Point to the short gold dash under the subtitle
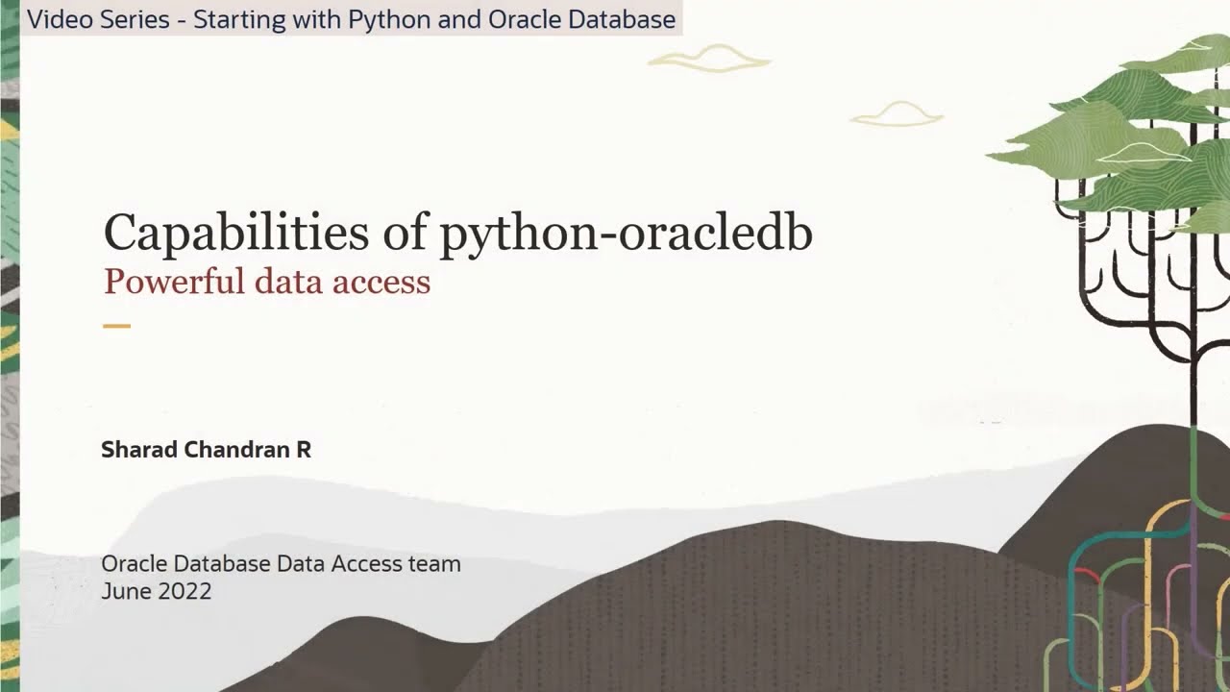(116, 326)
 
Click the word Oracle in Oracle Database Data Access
(133, 564)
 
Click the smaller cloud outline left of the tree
(897, 114)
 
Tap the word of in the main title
(404, 233)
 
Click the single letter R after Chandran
(304, 450)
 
